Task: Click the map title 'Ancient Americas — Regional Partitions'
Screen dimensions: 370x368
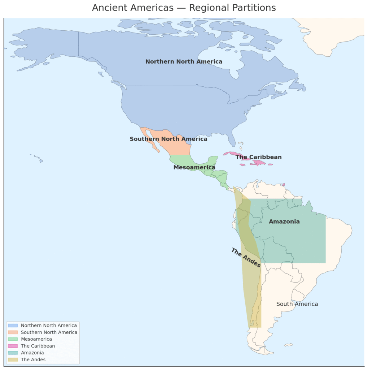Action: tap(184, 8)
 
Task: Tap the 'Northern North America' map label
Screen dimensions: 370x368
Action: tap(184, 62)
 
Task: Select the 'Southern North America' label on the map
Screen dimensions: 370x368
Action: tap(168, 139)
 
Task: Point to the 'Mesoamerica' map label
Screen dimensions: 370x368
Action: tap(194, 167)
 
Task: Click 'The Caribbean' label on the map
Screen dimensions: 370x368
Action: tap(259, 157)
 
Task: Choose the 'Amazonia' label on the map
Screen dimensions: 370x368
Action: tap(284, 221)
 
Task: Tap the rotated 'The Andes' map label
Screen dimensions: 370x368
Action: tap(246, 258)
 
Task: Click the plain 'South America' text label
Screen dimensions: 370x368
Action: tap(297, 304)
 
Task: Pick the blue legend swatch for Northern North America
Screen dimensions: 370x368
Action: tap(13, 326)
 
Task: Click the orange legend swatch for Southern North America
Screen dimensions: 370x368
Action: tap(13, 332)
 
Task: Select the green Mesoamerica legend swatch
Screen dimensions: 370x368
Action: tap(13, 339)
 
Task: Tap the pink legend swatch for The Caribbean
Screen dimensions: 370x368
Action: tap(13, 346)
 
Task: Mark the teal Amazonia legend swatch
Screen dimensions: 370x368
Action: tap(13, 353)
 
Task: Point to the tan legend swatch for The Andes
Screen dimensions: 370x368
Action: tap(13, 360)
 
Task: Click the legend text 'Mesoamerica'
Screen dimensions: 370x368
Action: tap(36, 339)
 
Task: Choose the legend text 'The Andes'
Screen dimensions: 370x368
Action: tap(33, 360)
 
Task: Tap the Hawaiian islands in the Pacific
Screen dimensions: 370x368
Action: tap(41, 161)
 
